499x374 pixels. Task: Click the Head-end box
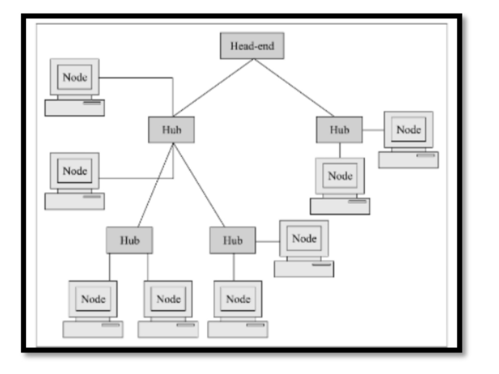coord(252,46)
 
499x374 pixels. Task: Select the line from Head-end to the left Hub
coord(213,87)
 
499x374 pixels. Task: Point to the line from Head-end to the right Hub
coord(294,87)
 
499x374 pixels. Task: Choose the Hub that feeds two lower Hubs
coord(171,129)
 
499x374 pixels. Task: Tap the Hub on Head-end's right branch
coord(339,129)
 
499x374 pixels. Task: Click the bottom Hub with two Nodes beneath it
coord(129,240)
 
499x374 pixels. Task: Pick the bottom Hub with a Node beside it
coord(232,240)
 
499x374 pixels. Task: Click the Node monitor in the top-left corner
coord(74,78)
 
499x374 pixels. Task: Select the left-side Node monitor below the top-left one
coord(74,171)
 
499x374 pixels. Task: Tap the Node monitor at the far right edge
coord(408,130)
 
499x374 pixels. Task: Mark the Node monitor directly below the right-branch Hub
coord(340,176)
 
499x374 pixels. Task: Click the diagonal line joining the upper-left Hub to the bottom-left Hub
coord(155,185)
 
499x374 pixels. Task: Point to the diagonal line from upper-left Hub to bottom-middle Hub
coord(199,185)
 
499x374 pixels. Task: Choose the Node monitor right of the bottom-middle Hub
coord(304,239)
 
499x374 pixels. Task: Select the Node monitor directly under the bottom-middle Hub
coord(238,299)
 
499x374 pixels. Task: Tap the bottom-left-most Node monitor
coord(93,299)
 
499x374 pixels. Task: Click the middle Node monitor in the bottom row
coord(168,299)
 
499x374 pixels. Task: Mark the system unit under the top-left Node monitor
coord(74,108)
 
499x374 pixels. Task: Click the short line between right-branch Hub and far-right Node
coord(373,130)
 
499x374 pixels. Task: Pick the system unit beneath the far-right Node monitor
coord(408,159)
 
